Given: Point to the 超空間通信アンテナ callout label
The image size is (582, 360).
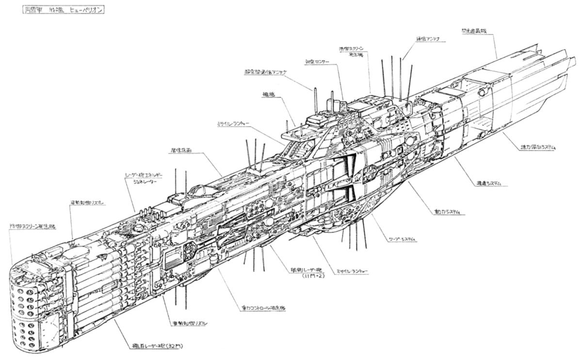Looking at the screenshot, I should click(x=265, y=72).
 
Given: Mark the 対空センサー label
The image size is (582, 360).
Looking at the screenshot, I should click(x=317, y=62).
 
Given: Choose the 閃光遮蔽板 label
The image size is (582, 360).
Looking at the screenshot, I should click(x=474, y=31).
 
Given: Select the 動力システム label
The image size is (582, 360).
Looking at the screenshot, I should click(x=447, y=212).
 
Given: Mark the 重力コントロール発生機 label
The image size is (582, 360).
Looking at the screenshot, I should click(x=263, y=308).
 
